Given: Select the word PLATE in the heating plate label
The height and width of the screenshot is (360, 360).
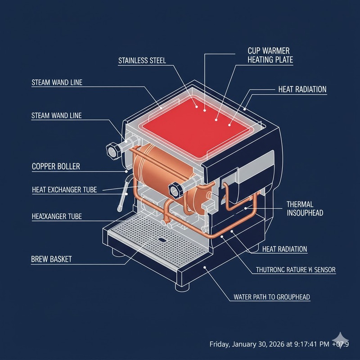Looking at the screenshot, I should pos(282,60).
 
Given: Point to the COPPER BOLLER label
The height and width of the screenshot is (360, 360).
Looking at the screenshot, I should pos(56,166).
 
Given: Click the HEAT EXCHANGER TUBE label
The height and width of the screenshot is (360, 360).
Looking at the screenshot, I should pos(64,190).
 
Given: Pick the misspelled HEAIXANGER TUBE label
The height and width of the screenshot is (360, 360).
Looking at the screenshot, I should pos(56,216).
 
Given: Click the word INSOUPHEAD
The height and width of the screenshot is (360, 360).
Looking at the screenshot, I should pos(305,213).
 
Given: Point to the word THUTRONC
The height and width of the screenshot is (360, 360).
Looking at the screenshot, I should pos(271,270).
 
